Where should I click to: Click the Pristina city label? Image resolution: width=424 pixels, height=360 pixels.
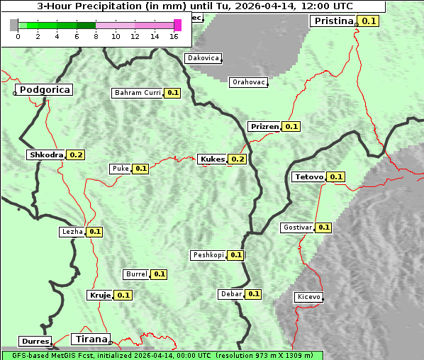point(333,21)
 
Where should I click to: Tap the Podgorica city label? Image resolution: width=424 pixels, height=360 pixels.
point(45,90)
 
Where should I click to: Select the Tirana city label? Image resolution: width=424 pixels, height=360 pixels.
point(90,339)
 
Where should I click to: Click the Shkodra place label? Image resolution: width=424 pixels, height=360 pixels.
point(46,154)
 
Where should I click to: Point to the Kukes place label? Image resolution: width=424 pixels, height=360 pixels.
point(213,159)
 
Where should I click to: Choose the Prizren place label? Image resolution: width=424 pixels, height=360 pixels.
point(264,126)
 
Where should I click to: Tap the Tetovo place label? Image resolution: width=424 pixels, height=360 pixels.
point(308,176)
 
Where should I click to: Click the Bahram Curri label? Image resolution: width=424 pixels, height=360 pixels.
point(138,93)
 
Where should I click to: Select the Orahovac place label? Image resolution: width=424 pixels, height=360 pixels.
point(248,82)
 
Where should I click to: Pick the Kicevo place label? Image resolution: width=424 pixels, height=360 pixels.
point(309,297)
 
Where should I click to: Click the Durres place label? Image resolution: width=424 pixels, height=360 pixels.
point(35,342)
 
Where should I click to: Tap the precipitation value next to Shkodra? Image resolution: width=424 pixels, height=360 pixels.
point(76,154)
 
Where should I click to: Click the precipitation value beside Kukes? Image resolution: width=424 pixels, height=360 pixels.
point(238,159)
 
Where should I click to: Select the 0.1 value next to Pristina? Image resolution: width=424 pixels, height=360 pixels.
point(369,21)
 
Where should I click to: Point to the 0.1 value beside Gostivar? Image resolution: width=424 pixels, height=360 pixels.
point(323,227)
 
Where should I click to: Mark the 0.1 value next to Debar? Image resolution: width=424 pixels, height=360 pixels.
point(253,294)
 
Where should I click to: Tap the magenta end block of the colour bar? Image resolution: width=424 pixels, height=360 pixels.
point(177,25)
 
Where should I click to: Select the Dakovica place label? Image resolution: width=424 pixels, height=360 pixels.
point(202,58)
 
